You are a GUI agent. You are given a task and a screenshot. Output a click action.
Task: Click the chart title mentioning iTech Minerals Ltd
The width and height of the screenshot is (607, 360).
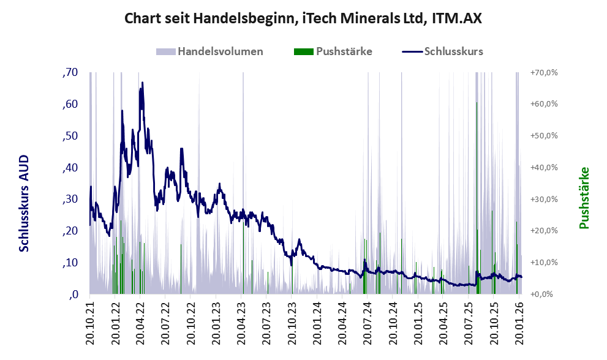[303, 18]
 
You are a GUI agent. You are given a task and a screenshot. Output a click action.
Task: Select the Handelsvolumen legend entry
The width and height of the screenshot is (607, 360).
[210, 51]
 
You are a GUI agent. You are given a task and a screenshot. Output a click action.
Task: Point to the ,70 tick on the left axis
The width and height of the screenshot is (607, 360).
[70, 72]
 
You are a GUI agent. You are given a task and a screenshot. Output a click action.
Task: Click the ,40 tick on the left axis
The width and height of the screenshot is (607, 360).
[70, 168]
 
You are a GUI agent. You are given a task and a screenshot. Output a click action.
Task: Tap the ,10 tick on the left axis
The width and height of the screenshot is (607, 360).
[70, 263]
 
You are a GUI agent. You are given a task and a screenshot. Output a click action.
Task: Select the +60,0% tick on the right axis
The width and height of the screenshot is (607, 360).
[543, 104]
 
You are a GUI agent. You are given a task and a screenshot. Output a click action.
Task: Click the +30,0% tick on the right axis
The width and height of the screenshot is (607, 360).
[543, 199]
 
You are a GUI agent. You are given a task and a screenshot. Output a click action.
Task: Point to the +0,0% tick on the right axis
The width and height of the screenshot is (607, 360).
[542, 294]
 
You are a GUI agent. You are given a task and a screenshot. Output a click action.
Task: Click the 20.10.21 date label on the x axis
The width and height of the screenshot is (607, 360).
[90, 322]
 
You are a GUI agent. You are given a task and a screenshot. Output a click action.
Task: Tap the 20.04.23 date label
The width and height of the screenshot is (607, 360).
[241, 322]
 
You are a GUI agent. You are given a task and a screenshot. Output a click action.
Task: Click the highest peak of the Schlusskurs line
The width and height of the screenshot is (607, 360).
[142, 83]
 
